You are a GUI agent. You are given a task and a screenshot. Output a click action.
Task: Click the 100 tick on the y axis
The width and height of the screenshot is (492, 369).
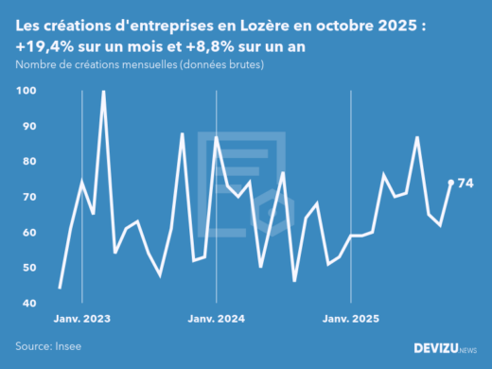coord(25,91)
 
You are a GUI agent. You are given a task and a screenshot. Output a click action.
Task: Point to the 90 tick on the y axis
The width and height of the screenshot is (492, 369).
coord(27,126)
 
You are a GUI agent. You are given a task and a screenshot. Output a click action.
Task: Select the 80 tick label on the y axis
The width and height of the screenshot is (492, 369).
coord(27,162)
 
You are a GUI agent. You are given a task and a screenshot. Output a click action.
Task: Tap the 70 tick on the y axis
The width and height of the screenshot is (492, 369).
coord(27,197)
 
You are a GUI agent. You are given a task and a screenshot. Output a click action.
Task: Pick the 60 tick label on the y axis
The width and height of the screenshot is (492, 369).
coord(27,233)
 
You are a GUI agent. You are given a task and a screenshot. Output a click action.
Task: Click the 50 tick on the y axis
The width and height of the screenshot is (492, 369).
coord(27,268)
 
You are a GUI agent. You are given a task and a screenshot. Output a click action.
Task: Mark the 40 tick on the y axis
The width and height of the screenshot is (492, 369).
coord(27,304)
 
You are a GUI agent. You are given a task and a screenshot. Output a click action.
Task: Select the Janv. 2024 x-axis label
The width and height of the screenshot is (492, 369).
coord(218,319)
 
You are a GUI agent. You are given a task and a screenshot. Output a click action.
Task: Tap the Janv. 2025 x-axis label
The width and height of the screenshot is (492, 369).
coord(351,319)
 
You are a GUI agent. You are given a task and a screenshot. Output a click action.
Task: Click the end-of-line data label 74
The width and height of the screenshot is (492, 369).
coord(466,183)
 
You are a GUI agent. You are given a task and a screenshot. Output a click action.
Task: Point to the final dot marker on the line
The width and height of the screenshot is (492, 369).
coord(450,183)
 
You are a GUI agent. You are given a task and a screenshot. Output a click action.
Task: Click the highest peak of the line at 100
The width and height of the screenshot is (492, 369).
coord(103,92)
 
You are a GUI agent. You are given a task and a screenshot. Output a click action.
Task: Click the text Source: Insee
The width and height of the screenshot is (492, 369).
coord(47,347)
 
